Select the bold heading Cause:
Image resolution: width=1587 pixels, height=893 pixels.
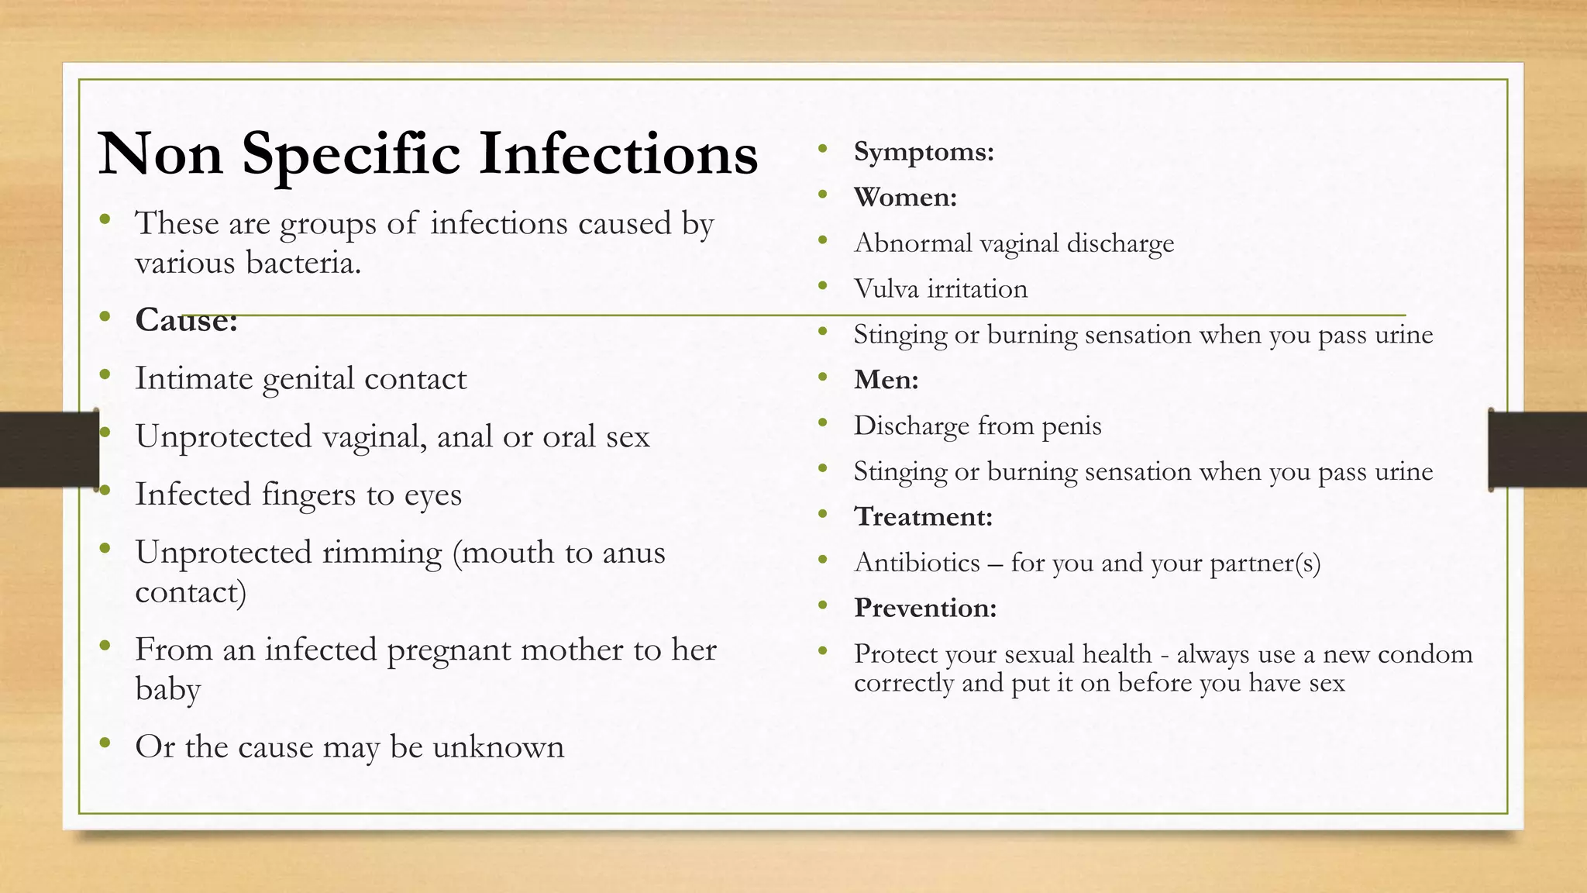coord(186,320)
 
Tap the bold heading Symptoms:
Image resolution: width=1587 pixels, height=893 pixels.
coord(923,151)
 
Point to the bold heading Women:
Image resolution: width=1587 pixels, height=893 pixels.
coord(905,197)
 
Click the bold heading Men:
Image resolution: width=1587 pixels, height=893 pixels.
coord(886,380)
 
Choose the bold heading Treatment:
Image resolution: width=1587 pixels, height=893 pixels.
coord(923,517)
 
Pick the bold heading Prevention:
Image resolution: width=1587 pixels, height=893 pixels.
coord(924,608)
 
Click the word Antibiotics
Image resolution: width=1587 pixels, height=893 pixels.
coord(917,563)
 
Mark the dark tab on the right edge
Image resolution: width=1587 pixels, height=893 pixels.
coord(1537,450)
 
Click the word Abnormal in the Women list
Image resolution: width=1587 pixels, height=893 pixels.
coord(912,243)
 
